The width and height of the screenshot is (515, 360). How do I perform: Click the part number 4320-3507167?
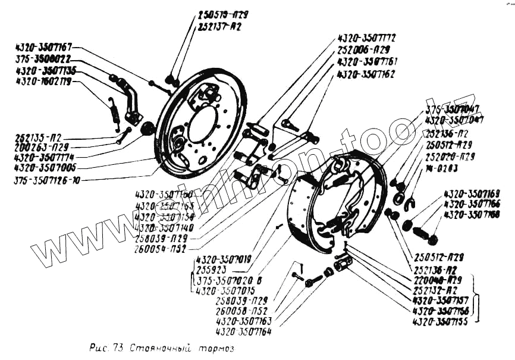point(44,46)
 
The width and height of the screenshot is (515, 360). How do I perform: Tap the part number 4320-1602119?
point(44,82)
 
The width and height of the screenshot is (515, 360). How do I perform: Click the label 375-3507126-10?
point(47,179)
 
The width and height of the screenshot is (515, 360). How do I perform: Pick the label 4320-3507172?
point(366,37)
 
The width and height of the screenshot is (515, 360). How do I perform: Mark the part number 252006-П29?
point(363,49)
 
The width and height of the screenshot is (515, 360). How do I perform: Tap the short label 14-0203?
point(441,168)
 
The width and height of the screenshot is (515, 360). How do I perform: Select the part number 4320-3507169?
point(471,193)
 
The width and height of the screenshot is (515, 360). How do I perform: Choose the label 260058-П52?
point(241,311)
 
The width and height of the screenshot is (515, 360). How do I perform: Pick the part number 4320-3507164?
point(244,332)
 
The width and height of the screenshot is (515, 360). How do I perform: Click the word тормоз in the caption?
point(212,348)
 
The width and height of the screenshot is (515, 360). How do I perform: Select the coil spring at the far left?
point(114,112)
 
